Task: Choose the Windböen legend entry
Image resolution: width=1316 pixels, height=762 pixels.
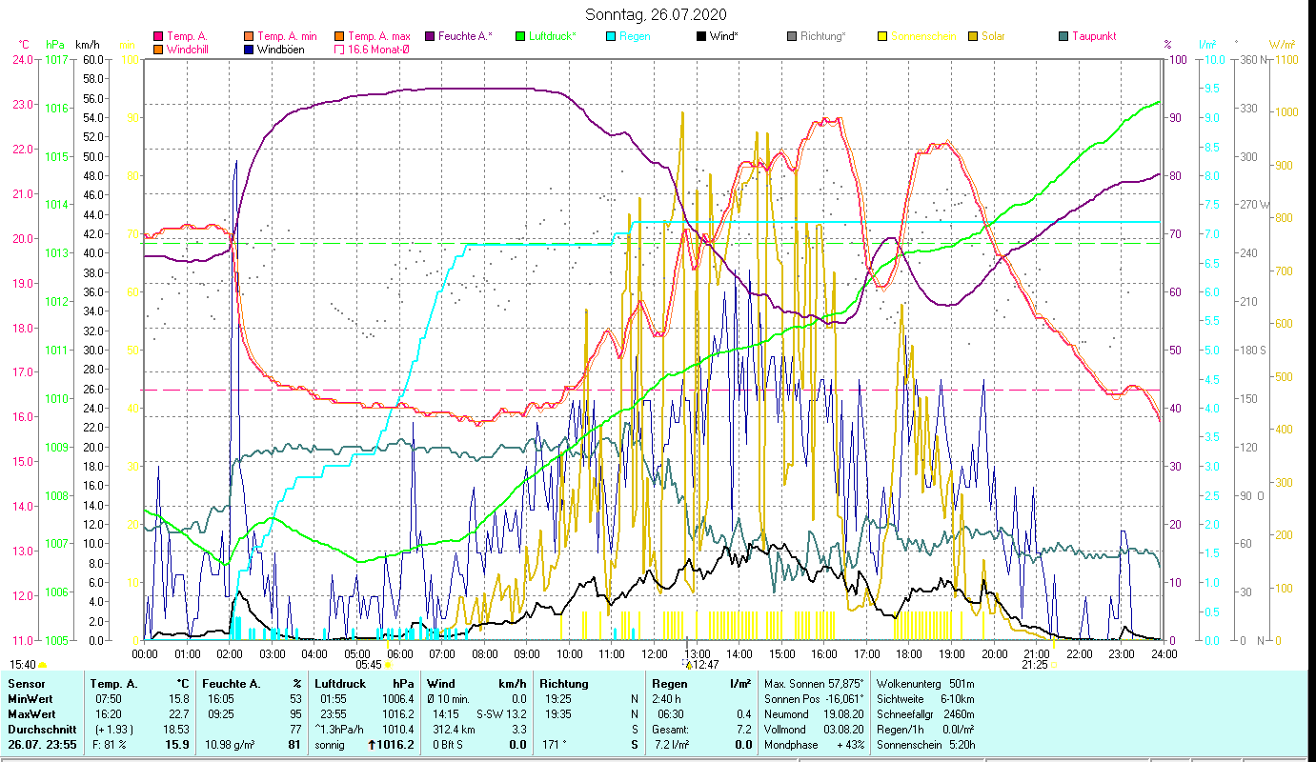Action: [281, 50]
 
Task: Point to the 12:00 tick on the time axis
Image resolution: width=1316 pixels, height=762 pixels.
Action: [655, 654]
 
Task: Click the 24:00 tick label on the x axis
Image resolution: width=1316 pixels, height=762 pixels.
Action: [1164, 654]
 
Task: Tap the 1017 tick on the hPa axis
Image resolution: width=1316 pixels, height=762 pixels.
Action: [56, 59]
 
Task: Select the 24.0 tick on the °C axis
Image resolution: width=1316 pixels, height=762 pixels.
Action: [22, 59]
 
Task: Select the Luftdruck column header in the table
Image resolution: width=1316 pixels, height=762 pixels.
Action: [341, 683]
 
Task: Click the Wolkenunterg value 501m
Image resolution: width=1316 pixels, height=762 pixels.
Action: [962, 683]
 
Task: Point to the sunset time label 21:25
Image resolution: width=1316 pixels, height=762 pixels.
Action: [1036, 665]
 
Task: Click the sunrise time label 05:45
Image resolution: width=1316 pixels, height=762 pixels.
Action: [369, 665]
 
